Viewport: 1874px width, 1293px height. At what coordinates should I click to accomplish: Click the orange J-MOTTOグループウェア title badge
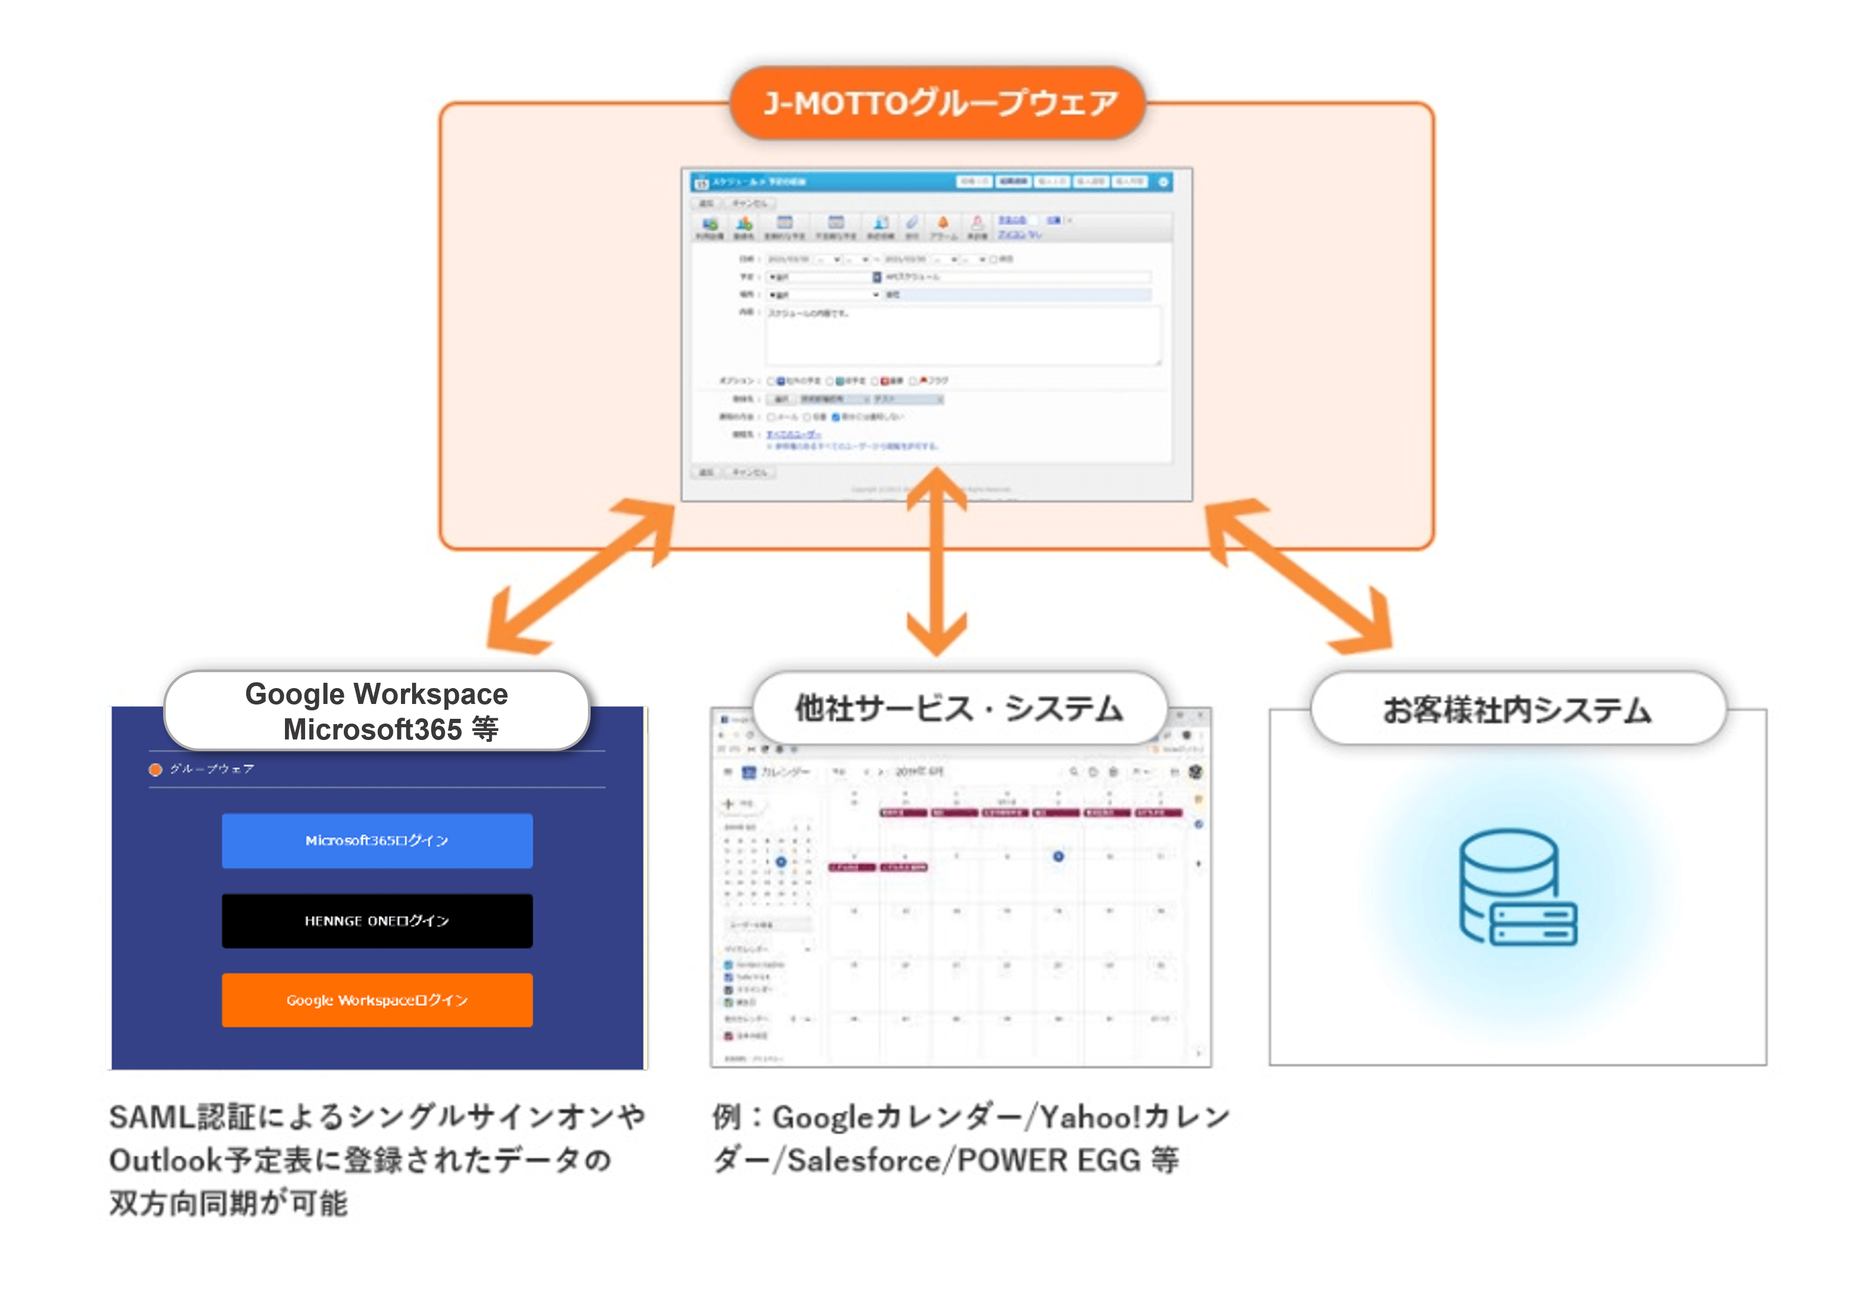[x=938, y=103]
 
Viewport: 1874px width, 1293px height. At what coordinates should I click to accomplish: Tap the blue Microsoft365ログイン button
[x=377, y=840]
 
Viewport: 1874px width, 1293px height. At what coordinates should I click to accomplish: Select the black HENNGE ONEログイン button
[x=377, y=920]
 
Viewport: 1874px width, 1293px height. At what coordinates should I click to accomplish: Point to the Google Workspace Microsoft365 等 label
[x=377, y=710]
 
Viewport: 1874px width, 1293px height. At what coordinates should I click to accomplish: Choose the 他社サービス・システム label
[x=959, y=708]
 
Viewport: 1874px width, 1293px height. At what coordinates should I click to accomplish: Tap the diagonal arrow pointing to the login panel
[x=580, y=576]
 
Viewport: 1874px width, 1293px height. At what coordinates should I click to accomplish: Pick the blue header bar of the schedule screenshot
[x=932, y=182]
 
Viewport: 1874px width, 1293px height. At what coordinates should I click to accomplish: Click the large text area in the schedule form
[x=962, y=335]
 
